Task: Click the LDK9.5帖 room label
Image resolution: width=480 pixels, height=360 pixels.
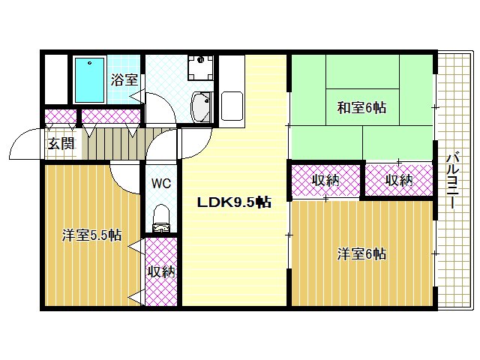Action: (x=234, y=202)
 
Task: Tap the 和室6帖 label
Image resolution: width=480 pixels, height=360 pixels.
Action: (x=361, y=108)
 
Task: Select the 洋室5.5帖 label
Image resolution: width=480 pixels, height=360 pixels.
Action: (x=91, y=235)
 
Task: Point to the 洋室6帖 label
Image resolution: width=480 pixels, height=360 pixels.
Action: (x=361, y=254)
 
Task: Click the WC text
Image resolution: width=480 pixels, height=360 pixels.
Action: (x=161, y=183)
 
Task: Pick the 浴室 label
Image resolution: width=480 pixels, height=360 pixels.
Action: (x=124, y=80)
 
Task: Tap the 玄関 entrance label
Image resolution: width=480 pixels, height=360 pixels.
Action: (x=61, y=144)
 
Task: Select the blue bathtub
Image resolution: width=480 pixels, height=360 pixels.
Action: (x=90, y=80)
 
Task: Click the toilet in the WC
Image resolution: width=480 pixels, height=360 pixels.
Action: (x=161, y=218)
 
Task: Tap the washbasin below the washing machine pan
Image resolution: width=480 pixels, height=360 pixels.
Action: (x=201, y=107)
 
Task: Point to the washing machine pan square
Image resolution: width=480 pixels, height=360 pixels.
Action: (x=200, y=67)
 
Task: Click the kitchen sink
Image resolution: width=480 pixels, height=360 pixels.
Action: (x=232, y=106)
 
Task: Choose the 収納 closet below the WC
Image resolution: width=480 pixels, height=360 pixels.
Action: (x=161, y=271)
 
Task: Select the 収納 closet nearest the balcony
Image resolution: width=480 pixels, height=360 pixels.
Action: (x=399, y=180)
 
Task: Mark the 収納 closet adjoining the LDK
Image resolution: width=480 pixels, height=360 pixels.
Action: (x=325, y=180)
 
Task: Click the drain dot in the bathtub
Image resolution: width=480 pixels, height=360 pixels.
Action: (x=90, y=63)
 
